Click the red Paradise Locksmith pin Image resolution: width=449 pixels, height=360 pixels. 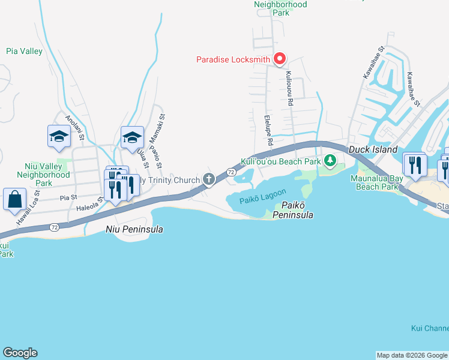pos(279,58)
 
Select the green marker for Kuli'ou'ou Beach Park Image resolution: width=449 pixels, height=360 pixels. pos(330,160)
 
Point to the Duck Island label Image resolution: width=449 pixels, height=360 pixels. pos(373,149)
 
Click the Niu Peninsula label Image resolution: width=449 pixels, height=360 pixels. pos(134,229)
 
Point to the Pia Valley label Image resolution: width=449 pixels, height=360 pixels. pos(25,52)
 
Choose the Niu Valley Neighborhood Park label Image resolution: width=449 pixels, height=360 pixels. pos(47,174)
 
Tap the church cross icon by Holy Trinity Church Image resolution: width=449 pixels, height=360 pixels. pos(209,178)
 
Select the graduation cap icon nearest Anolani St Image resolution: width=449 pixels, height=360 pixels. pos(59,136)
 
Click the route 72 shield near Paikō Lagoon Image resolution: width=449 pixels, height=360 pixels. pos(231,172)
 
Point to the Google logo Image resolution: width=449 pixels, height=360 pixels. pos(20,353)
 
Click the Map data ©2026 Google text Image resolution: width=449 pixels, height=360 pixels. pos(412,355)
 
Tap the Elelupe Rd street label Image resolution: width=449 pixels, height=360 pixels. pos(268,131)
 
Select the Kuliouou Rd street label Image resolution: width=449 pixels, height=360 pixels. pos(289,89)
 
